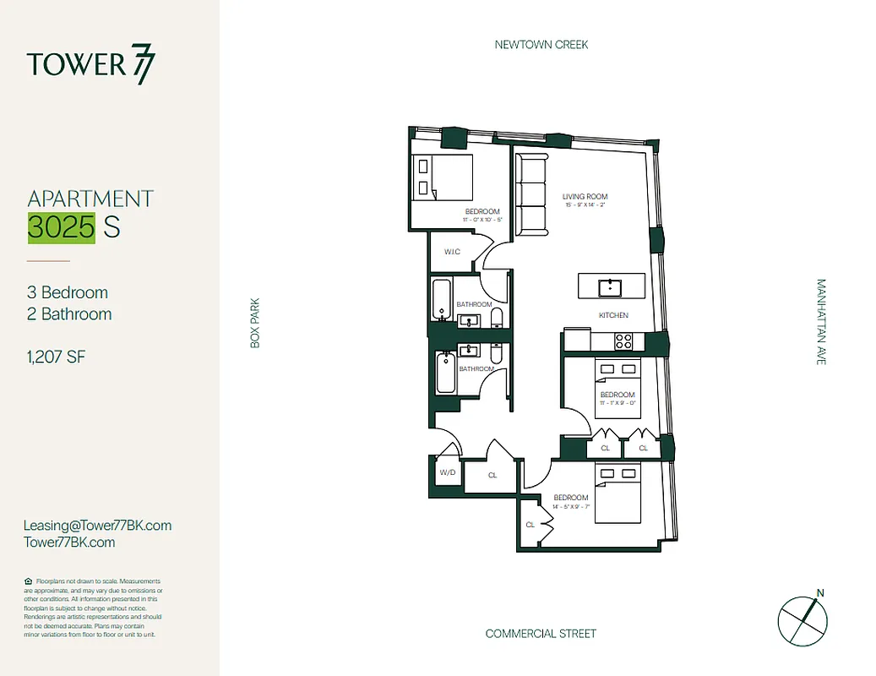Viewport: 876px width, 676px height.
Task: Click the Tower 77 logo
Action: (91, 65)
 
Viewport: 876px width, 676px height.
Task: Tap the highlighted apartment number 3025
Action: (61, 227)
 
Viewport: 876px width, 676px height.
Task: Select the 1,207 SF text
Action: (57, 357)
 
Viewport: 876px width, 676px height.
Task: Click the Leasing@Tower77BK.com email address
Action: (98, 526)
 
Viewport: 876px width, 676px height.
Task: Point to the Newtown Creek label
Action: (541, 45)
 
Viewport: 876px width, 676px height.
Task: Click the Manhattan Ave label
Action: (820, 322)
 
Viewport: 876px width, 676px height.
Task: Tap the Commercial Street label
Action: (541, 634)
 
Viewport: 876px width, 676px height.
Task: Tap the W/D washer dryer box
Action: (447, 472)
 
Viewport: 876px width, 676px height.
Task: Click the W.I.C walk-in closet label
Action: (452, 253)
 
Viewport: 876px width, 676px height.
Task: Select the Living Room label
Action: (585, 198)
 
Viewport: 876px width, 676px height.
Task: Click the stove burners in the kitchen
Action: (623, 341)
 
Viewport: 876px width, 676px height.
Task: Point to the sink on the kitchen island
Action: (609, 287)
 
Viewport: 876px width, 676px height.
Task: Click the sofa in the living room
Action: (531, 196)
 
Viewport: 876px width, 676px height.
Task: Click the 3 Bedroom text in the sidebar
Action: (68, 292)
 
